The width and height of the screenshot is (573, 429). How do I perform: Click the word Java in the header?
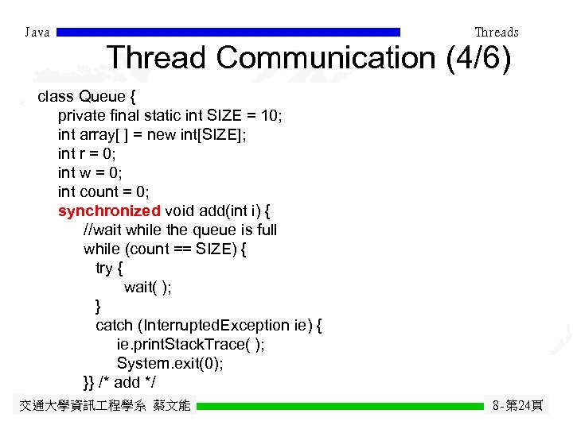pos(37,33)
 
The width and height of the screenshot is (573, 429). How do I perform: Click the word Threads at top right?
pos(496,33)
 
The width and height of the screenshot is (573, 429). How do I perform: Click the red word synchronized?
pos(109,211)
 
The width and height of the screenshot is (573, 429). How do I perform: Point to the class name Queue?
pos(103,97)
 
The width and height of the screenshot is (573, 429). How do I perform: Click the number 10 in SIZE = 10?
pos(271,116)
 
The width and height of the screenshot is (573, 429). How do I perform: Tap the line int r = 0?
pos(89,153)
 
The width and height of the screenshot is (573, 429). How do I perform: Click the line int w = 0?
pos(91,172)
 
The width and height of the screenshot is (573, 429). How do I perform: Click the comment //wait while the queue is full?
pos(180,230)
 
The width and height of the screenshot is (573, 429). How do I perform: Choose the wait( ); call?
pos(147,287)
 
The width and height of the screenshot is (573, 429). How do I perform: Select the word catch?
pos(115,325)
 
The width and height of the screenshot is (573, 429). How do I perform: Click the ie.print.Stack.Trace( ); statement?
pos(191,344)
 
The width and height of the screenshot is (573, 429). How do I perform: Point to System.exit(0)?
pos(170,363)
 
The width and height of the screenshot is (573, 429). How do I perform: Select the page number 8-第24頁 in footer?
pos(517,406)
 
